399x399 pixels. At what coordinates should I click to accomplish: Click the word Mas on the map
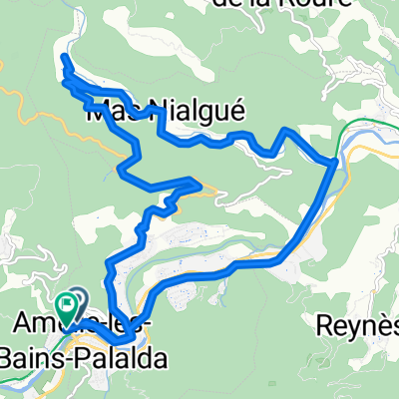(x=113, y=113)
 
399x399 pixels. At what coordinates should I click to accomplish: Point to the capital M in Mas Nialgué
(x=101, y=113)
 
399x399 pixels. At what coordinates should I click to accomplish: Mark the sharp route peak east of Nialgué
(x=288, y=131)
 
